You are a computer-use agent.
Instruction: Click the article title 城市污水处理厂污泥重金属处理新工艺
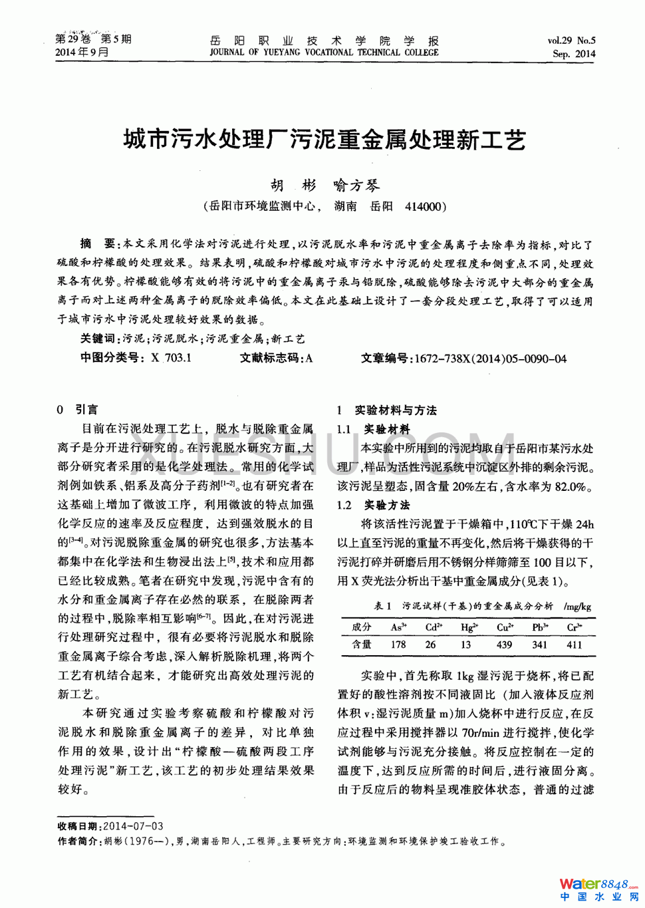[x=324, y=140]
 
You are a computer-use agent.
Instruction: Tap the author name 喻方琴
[x=356, y=186]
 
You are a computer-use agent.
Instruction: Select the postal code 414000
[x=423, y=207]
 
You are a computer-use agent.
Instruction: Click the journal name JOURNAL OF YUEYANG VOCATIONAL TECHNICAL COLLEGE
[x=324, y=53]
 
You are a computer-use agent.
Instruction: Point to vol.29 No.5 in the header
[x=571, y=41]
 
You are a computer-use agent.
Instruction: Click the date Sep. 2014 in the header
[x=573, y=54]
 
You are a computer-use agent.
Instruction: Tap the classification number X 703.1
[x=171, y=358]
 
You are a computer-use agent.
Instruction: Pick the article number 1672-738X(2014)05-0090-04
[x=490, y=359]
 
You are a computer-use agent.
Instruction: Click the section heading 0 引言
[x=78, y=409]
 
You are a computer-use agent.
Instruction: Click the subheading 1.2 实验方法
[x=374, y=505]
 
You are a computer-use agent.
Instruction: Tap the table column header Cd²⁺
[x=434, y=627]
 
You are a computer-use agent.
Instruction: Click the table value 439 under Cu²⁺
[x=504, y=645]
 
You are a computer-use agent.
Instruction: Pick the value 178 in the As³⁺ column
[x=398, y=645]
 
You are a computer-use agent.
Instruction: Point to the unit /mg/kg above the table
[x=577, y=607]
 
